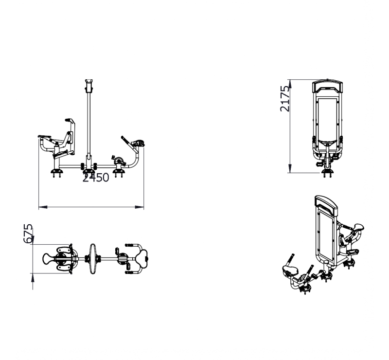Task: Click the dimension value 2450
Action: click(95, 178)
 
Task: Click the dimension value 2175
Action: click(285, 99)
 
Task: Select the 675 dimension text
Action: click(28, 234)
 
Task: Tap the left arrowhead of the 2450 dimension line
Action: click(43, 207)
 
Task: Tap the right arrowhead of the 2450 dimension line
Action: click(140, 207)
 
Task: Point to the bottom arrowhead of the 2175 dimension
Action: click(290, 169)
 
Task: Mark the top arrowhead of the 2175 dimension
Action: click(290, 84)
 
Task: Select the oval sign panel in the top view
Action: click(92, 259)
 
